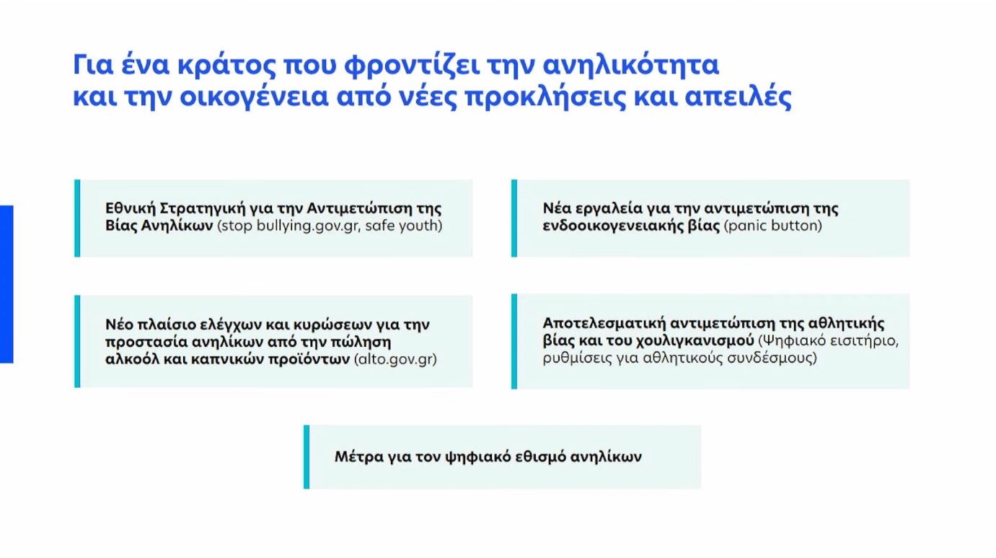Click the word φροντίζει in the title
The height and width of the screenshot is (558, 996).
(412, 65)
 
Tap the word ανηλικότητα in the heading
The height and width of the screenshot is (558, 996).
(631, 65)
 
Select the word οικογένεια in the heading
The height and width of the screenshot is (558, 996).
(253, 97)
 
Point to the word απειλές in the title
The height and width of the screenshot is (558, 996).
(739, 96)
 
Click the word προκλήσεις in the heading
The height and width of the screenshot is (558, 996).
(545, 97)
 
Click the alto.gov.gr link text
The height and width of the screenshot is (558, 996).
(395, 359)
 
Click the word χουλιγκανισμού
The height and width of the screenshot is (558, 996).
(695, 340)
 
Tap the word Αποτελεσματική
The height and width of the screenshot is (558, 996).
(604, 323)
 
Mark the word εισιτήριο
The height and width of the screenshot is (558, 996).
(860, 340)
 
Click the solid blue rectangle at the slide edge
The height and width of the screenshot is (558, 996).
(6, 284)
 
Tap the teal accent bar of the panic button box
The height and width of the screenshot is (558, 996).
(514, 218)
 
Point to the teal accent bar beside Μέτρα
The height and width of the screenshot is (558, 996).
(307, 457)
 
